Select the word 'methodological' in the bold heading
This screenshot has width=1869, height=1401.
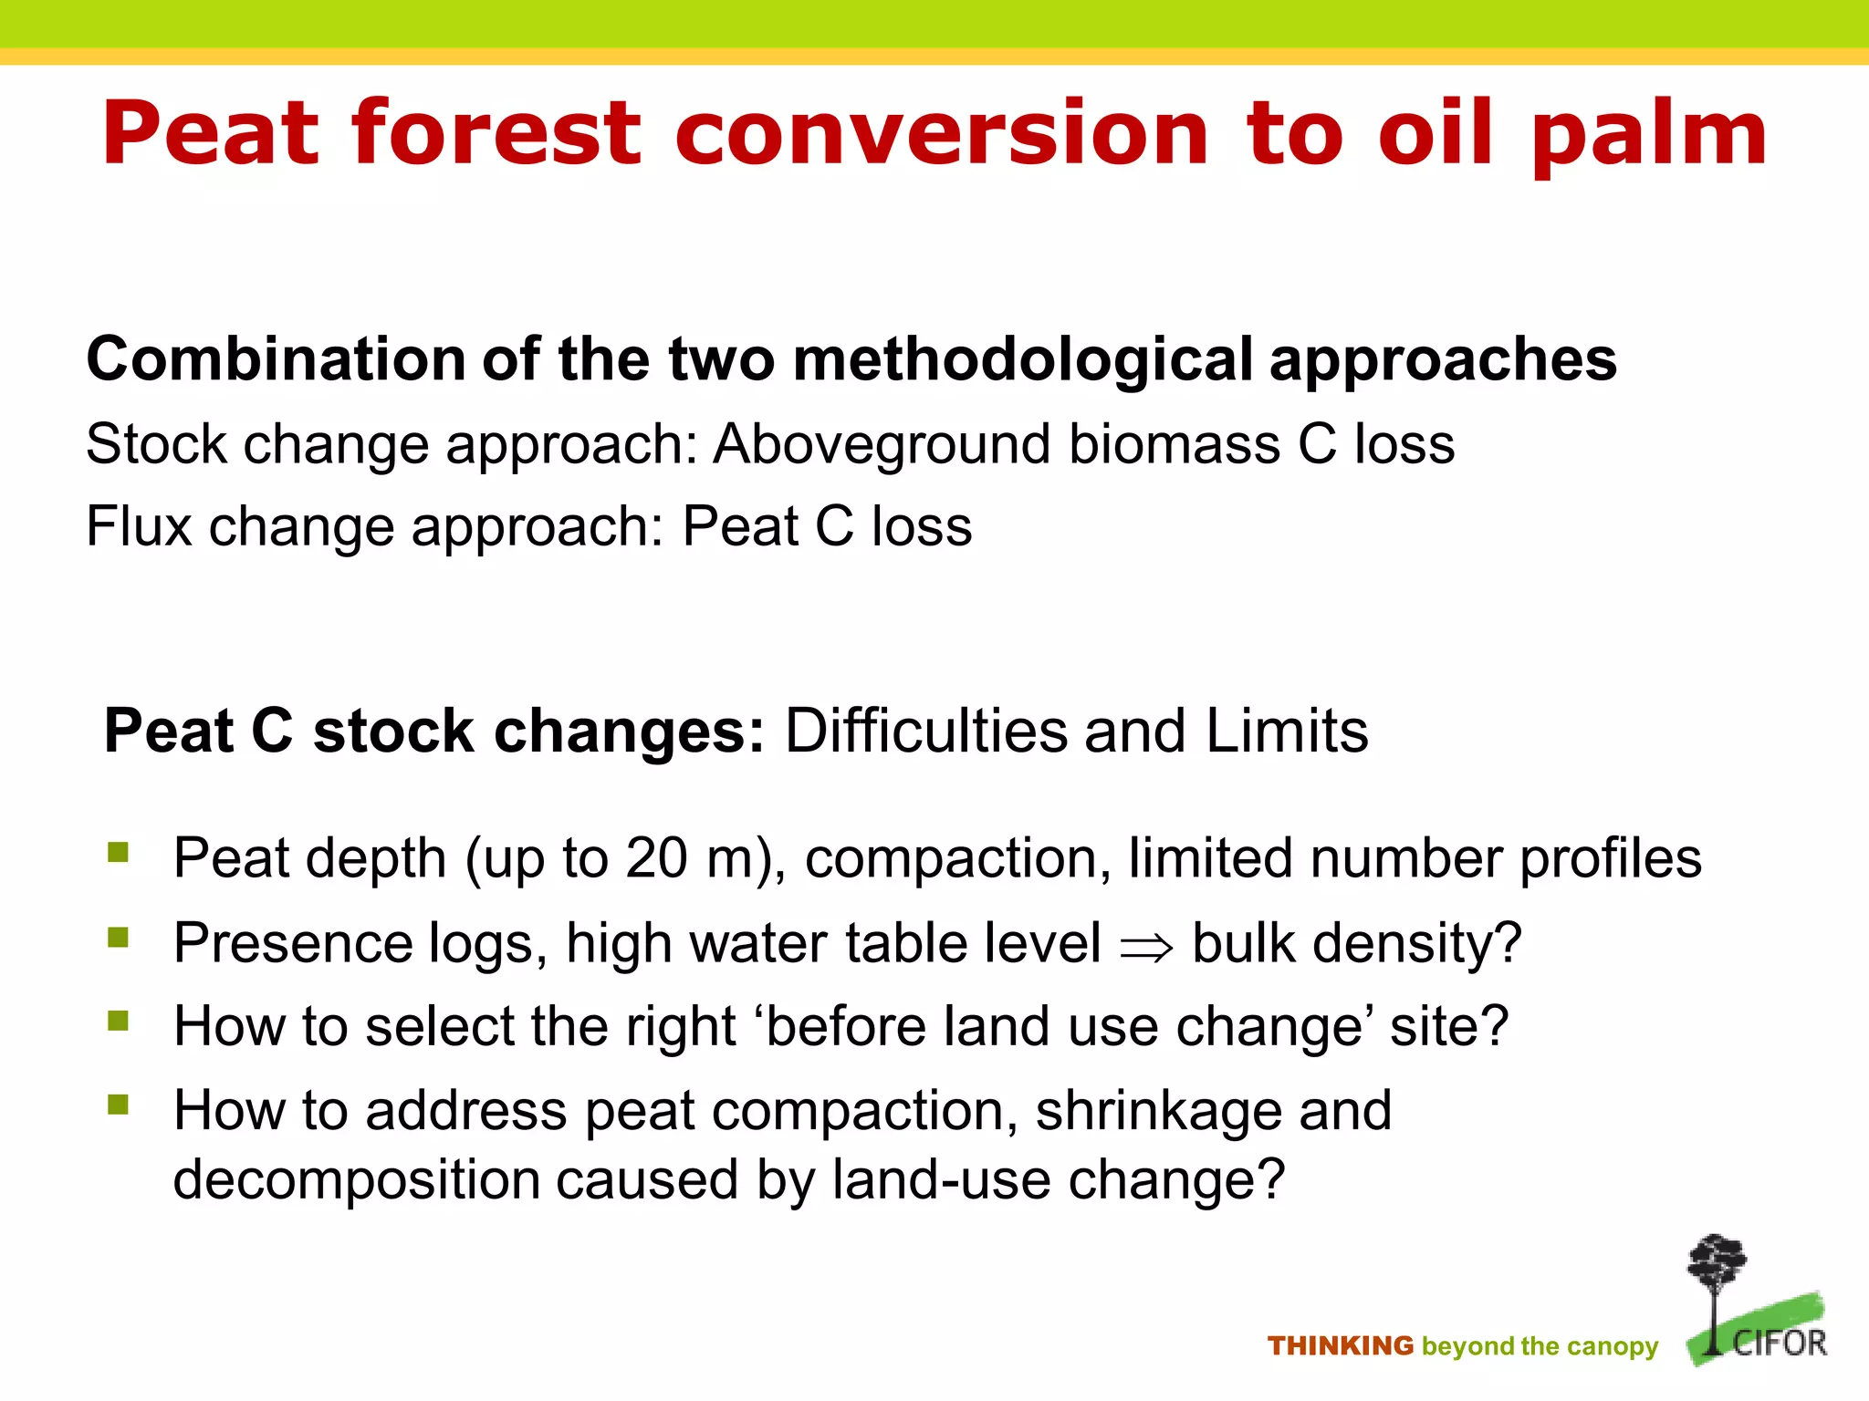1022,359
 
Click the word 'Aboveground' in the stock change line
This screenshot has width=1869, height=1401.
882,445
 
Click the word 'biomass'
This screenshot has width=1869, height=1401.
1175,445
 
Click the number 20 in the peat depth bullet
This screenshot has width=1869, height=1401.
655,858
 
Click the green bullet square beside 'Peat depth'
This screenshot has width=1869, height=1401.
118,853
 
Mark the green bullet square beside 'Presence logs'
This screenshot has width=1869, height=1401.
118,937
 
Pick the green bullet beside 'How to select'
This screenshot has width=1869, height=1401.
118,1021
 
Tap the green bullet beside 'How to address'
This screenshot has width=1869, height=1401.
118,1105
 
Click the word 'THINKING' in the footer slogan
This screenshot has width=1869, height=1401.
1340,1346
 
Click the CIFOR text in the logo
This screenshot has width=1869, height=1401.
1780,1343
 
